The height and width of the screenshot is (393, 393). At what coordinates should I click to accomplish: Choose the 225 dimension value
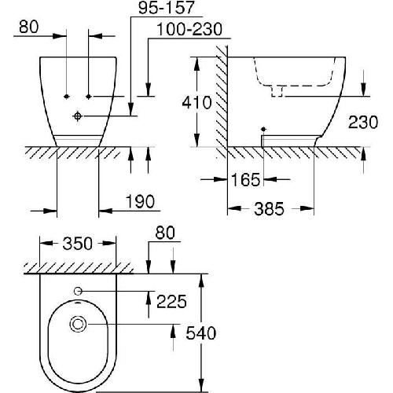point(173,299)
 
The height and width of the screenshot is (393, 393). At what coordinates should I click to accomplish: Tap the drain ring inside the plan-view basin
point(78,323)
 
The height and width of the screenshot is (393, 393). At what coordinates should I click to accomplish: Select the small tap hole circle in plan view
point(78,292)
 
